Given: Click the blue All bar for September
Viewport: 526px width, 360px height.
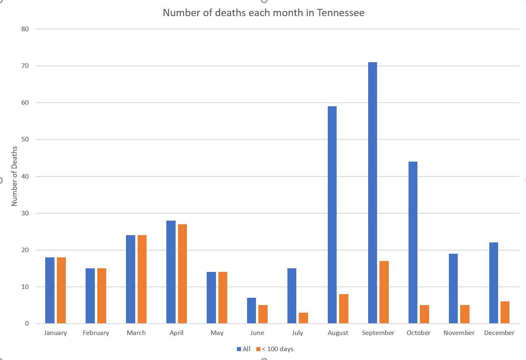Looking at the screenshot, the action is point(373,193).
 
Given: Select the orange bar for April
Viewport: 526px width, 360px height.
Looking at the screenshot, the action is point(182,274).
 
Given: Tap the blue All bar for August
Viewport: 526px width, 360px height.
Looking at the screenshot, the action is point(332,215).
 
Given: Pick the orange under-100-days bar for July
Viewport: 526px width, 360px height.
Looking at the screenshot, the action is point(303,318).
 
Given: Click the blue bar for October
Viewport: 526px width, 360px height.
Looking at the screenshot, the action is point(413,242).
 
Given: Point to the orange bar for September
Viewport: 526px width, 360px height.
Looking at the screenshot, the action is point(384,292).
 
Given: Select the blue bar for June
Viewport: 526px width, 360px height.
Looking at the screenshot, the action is point(251,310).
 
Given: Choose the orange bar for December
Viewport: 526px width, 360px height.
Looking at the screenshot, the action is point(505,312).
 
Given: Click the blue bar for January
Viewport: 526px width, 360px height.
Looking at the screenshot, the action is point(50,290).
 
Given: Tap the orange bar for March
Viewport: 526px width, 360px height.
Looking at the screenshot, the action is point(142,279).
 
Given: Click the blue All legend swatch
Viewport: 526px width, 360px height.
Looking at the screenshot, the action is point(239,349).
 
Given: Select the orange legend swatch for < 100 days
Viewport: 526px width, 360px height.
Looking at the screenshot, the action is point(258,349).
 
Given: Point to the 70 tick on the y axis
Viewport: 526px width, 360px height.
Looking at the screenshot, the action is point(25,66).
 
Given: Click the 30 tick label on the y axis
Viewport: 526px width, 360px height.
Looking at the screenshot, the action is point(25,213).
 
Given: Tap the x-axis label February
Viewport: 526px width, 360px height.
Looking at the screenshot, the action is point(96,333).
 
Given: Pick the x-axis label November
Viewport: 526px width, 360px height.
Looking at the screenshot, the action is point(459,333).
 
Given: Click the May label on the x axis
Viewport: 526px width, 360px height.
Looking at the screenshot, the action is point(217,333).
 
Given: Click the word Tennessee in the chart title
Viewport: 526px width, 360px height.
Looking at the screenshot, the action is point(340,13).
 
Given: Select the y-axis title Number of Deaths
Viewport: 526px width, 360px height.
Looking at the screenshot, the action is point(14,176).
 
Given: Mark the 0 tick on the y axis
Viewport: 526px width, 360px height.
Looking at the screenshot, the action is point(27,324).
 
